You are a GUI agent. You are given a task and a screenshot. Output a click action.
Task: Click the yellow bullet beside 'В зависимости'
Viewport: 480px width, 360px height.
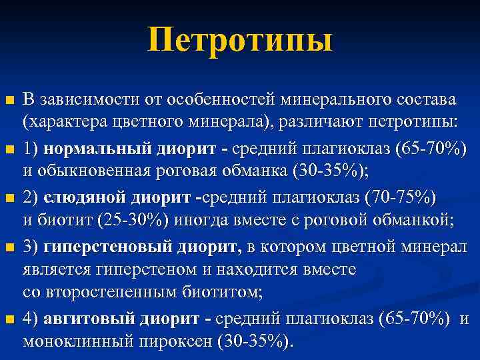pos(9,101)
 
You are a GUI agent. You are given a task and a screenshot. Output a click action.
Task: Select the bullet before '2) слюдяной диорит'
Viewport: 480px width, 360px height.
pos(9,198)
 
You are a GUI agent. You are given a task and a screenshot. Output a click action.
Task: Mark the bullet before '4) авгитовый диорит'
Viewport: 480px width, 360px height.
pos(9,319)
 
